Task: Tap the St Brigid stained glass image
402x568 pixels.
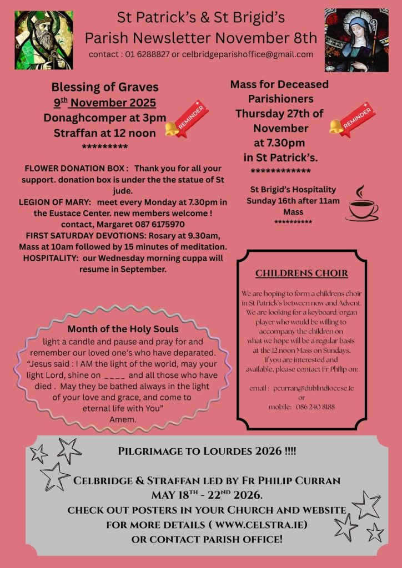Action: pyautogui.click(x=356, y=39)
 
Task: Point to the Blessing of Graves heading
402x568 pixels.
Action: pyautogui.click(x=105, y=87)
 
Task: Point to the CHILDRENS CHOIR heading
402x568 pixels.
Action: pyautogui.click(x=301, y=273)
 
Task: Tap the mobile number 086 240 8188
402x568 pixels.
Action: pyautogui.click(x=315, y=407)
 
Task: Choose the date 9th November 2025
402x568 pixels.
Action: pyautogui.click(x=105, y=103)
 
